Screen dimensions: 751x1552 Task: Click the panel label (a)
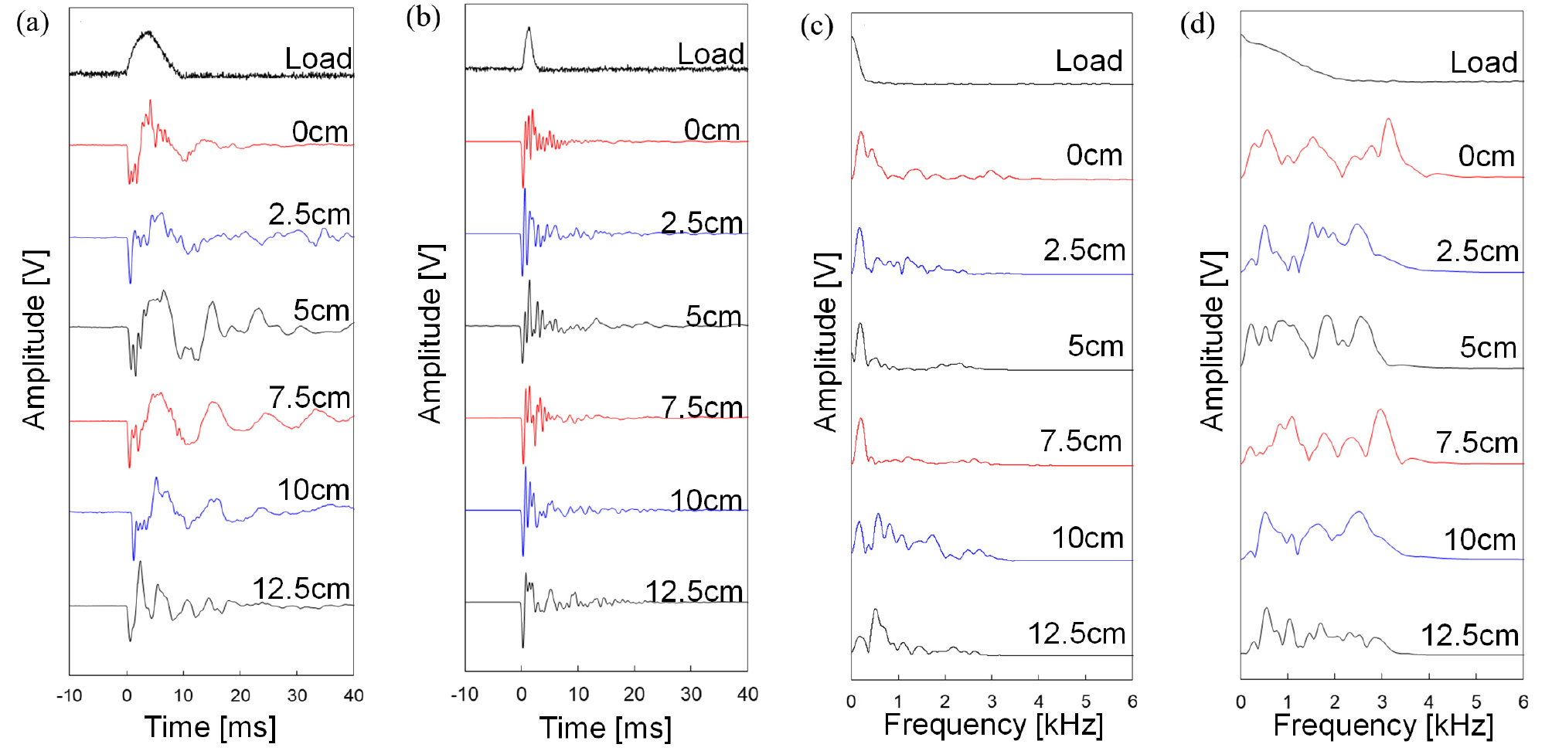coord(32,23)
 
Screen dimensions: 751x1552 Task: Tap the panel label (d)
coord(1197,24)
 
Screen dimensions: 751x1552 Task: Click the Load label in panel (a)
coord(318,59)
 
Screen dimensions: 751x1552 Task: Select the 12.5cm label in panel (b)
coord(693,592)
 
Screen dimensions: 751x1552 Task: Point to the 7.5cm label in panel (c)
coord(1081,441)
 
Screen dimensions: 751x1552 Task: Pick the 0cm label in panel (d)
coord(1486,157)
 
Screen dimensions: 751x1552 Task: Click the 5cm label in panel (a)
coord(321,311)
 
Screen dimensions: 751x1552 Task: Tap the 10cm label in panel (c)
coord(1087,538)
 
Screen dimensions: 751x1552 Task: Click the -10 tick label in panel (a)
coord(69,695)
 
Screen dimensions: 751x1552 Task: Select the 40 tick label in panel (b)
coord(747,695)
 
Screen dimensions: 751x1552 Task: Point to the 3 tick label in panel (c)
coord(992,702)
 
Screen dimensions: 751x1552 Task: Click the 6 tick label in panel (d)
coord(1523,702)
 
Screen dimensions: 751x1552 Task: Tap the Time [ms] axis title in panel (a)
coord(210,727)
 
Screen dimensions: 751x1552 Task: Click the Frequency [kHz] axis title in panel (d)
coord(1383,726)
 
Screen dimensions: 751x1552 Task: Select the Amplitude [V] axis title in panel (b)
coord(431,334)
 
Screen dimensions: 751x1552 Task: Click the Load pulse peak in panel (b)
coord(529,29)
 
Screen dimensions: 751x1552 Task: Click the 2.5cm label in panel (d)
coord(1477,251)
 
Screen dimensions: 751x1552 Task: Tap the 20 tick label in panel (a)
coord(240,695)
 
